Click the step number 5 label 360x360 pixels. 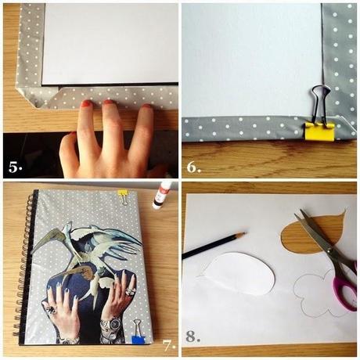[x=15, y=166]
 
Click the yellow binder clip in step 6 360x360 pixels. [x=319, y=129]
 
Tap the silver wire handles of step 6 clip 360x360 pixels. [x=321, y=100]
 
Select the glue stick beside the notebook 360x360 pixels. [x=162, y=196]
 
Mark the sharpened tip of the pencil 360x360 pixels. [x=242, y=233]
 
